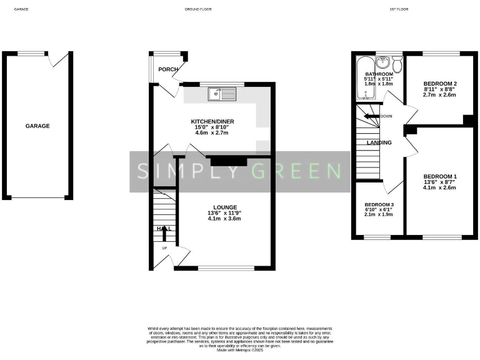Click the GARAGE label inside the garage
(37, 126)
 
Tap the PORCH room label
(167, 69)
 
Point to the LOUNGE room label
(224, 207)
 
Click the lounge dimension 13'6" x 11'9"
(224, 212)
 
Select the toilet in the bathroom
(397, 64)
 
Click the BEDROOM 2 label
(439, 84)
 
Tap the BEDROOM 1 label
(439, 176)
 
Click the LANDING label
(379, 142)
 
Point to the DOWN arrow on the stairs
(372, 116)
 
